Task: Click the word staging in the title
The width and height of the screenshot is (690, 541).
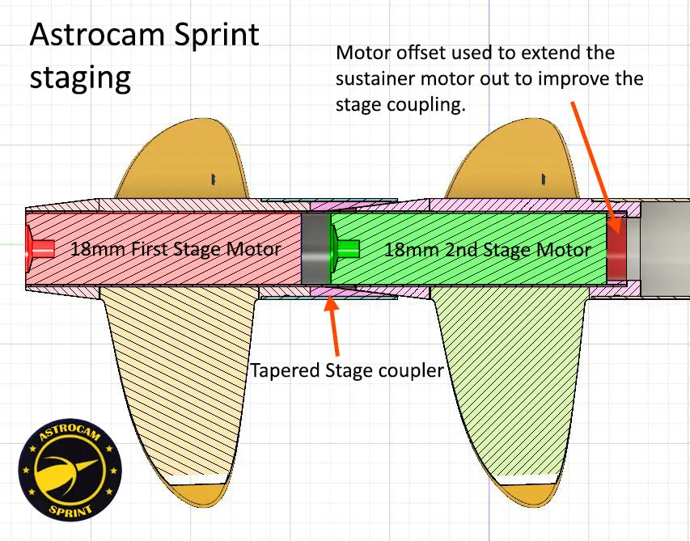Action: coord(80,78)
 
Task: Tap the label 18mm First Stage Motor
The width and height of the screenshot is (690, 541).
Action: coord(176,249)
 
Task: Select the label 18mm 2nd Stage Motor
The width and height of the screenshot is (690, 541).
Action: coord(488,250)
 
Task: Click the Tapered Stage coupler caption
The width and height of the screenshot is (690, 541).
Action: coord(347,370)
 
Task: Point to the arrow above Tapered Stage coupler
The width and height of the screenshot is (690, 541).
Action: coord(333,326)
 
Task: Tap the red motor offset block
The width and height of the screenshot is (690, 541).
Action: coord(617,247)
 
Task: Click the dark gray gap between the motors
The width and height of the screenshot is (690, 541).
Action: coord(315,248)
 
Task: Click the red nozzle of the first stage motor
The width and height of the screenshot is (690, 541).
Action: coord(40,248)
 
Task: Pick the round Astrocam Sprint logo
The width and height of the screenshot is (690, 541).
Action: coord(70,469)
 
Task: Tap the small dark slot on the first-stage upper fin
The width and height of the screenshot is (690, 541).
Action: coord(214,180)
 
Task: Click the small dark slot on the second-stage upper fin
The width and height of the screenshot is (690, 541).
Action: coord(544,179)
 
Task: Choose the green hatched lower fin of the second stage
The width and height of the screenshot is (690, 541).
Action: coord(510,383)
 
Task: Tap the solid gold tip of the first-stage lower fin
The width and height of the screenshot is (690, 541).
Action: coord(198,495)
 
